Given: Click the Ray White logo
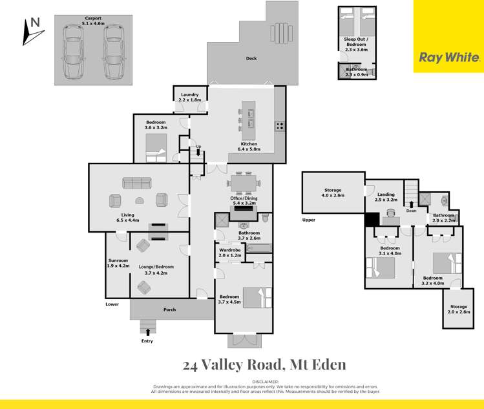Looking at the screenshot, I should [448, 57].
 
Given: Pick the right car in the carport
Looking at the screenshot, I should [112, 52].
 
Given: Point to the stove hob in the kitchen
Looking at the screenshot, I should [280, 126].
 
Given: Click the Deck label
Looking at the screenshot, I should [251, 59].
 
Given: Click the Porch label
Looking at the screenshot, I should [169, 309].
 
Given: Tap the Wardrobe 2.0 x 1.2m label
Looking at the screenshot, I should [230, 252].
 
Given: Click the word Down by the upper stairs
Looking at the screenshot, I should [411, 211].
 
